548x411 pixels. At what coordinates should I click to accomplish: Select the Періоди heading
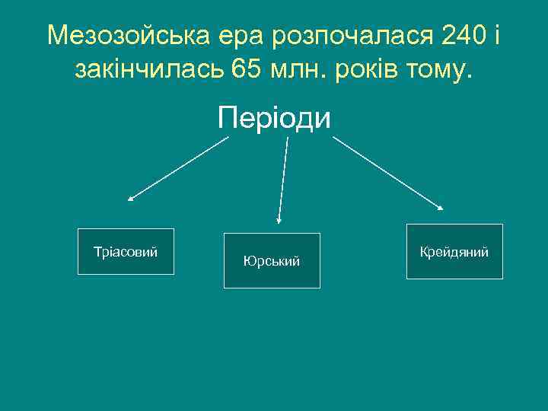pos(274,118)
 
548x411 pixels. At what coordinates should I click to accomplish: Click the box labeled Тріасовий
pos(126,251)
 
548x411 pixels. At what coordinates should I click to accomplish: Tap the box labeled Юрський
pos(272,260)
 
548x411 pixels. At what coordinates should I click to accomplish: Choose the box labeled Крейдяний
pos(454,251)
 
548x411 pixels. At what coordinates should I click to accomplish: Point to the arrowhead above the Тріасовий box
pos(130,199)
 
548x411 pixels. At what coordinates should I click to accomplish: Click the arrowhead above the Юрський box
pos(279,221)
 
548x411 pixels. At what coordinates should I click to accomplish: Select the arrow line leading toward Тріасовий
pos(179,168)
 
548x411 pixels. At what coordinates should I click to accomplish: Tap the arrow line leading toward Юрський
pos(283,179)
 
